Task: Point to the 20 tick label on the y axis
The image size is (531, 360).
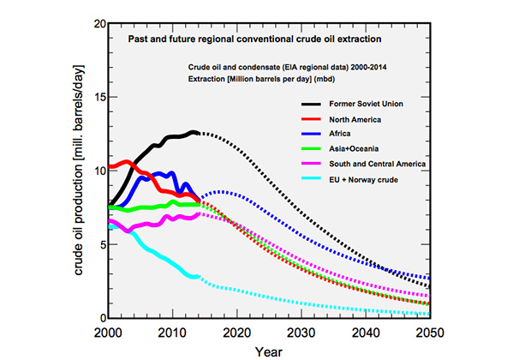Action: coord(98,23)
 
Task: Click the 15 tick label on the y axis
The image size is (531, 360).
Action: coord(98,97)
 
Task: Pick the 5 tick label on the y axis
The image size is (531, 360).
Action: coord(101,244)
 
